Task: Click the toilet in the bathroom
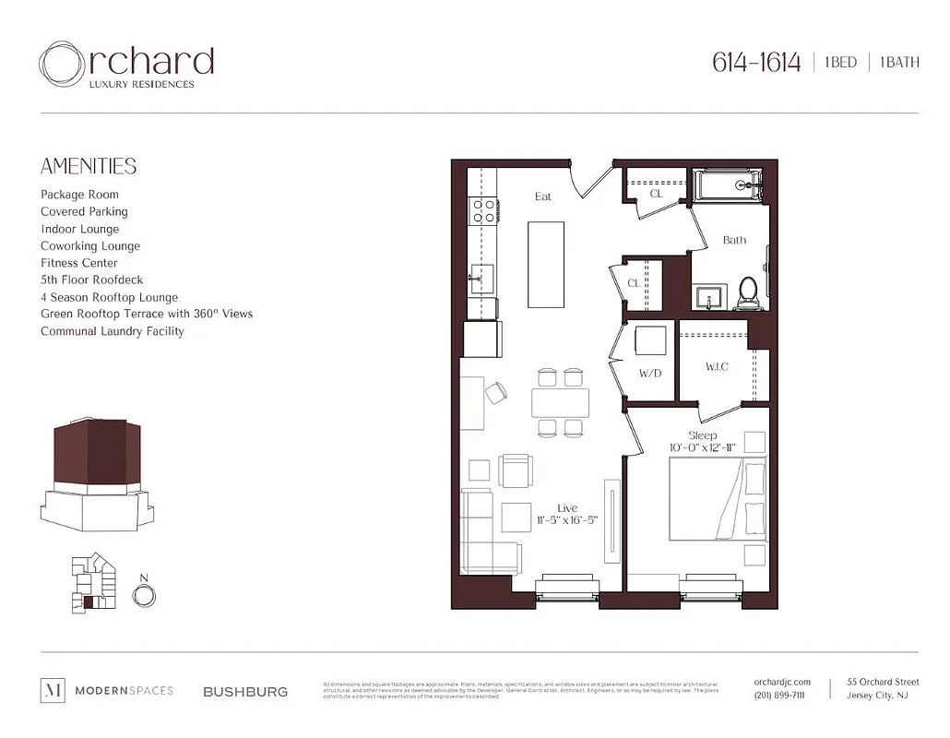coord(748,291)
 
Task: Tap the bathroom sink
coord(708,297)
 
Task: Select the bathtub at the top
coord(729,185)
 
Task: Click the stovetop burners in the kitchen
coord(482,211)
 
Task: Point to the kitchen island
coord(545,264)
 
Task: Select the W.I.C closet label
coord(717,367)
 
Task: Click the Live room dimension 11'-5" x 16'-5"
coord(566,520)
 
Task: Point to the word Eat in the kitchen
coord(543,196)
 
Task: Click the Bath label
coord(734,240)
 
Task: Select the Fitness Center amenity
coord(79,263)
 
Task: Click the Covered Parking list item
coord(84,211)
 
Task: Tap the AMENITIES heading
coord(89,166)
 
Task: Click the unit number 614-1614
coord(755,63)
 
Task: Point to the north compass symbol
coord(143,595)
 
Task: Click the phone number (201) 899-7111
coord(779,696)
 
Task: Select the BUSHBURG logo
coord(244,691)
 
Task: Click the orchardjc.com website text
coord(782,682)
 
